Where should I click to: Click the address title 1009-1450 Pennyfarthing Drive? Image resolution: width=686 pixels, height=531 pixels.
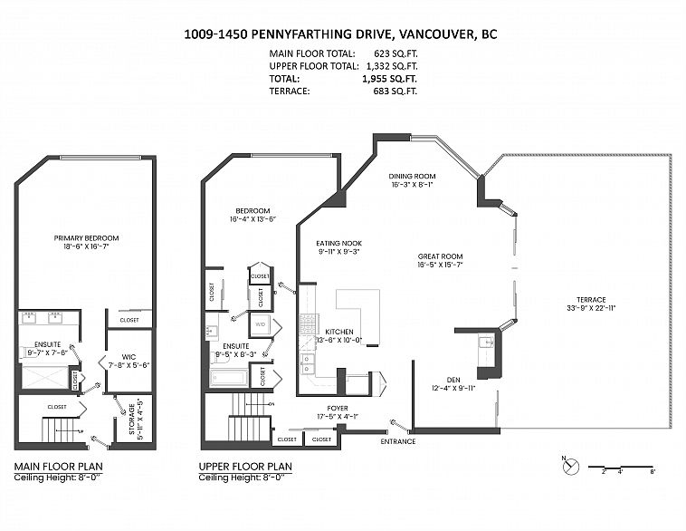click(340, 35)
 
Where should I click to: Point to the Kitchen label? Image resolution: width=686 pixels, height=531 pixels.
click(339, 335)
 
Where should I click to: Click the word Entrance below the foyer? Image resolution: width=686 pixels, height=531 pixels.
click(397, 441)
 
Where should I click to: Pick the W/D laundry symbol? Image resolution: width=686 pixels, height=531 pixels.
click(260, 323)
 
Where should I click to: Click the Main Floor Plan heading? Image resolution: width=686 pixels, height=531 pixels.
click(52, 468)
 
